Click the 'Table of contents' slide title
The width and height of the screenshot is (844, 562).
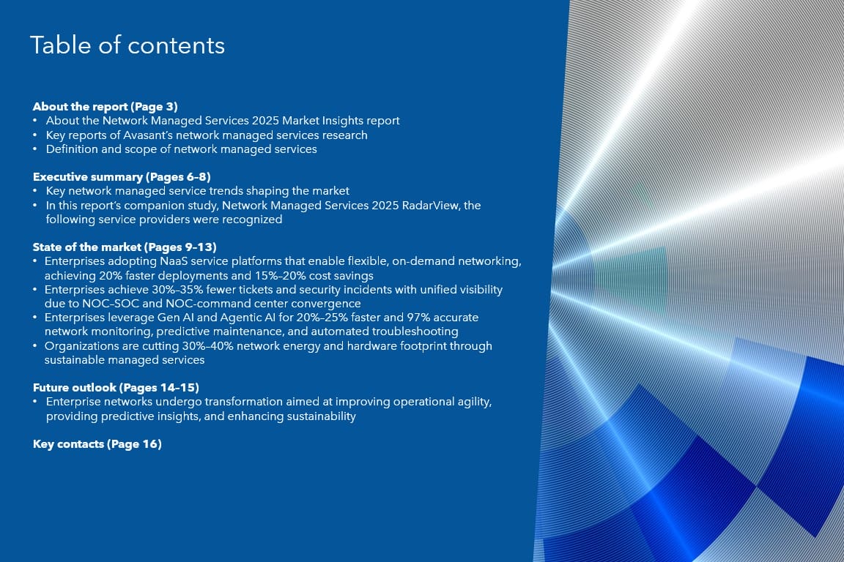pos(127,45)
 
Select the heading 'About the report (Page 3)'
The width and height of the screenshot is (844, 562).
pos(105,107)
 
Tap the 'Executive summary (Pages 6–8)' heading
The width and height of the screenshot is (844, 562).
pos(122,177)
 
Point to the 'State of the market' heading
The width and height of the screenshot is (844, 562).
pos(86,247)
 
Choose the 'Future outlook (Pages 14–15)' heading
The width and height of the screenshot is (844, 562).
pos(116,388)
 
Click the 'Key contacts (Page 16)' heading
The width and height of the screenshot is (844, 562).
pos(97,444)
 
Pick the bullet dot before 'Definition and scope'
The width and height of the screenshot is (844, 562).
pos(35,149)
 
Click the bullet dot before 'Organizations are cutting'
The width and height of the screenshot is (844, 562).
pos(35,346)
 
